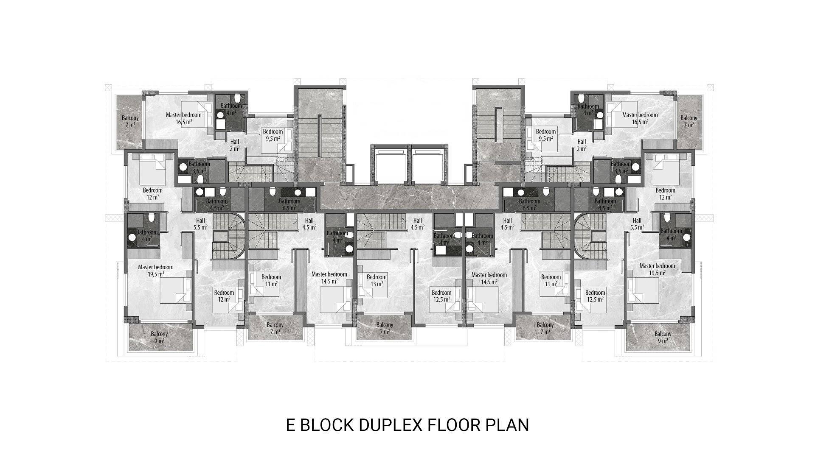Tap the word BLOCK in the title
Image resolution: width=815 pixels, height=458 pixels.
(x=327, y=424)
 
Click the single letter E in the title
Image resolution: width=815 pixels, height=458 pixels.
(x=290, y=424)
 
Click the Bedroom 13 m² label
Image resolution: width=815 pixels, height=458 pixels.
(x=377, y=280)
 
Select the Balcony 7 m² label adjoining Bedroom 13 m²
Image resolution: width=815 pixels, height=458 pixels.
(x=384, y=328)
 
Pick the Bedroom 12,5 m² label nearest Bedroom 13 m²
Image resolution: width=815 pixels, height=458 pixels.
(x=441, y=296)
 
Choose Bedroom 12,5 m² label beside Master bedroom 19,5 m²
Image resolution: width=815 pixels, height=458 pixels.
(x=595, y=296)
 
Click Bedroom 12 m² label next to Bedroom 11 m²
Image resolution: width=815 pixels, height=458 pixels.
(x=224, y=296)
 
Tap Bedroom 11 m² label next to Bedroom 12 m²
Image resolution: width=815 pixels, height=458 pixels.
(x=271, y=280)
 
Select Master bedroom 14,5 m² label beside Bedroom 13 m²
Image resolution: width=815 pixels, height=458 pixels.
(x=329, y=277)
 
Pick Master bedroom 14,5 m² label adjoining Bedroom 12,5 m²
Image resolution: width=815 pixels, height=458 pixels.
(x=489, y=278)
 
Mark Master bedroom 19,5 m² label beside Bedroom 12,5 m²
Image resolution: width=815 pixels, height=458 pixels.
(x=657, y=269)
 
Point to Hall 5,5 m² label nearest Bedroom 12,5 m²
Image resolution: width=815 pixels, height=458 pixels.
(x=637, y=224)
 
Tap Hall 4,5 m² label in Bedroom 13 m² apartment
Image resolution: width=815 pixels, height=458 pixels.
(x=417, y=224)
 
